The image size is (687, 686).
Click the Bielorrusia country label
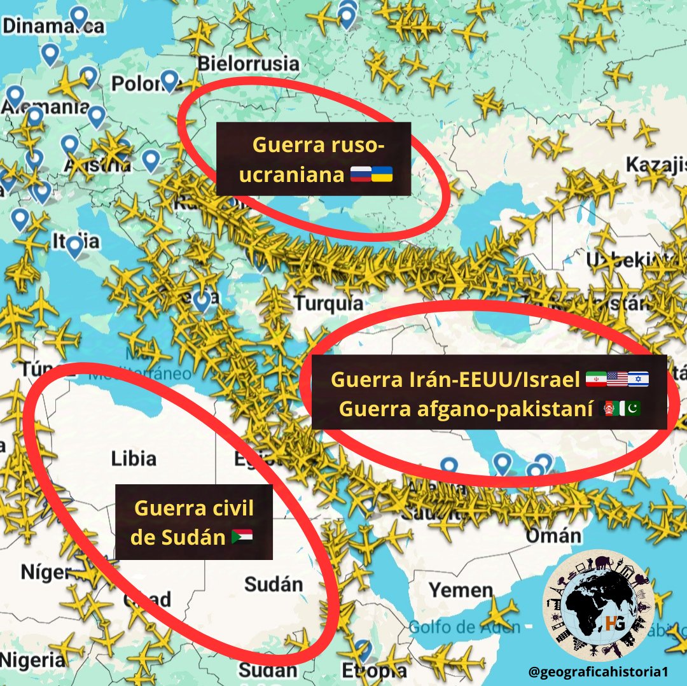(x=248, y=64)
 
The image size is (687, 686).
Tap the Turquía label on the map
(x=329, y=303)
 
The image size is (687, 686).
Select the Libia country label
(x=134, y=458)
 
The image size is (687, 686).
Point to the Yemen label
(x=461, y=590)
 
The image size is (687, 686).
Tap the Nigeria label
(x=32, y=659)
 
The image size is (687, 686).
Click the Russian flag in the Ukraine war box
(x=361, y=174)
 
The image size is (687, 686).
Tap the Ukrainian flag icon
(x=382, y=174)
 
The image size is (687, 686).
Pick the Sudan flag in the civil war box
(x=242, y=537)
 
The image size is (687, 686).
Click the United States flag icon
(x=617, y=380)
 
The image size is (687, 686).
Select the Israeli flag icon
(x=638, y=380)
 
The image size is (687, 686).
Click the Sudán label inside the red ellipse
(x=274, y=584)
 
